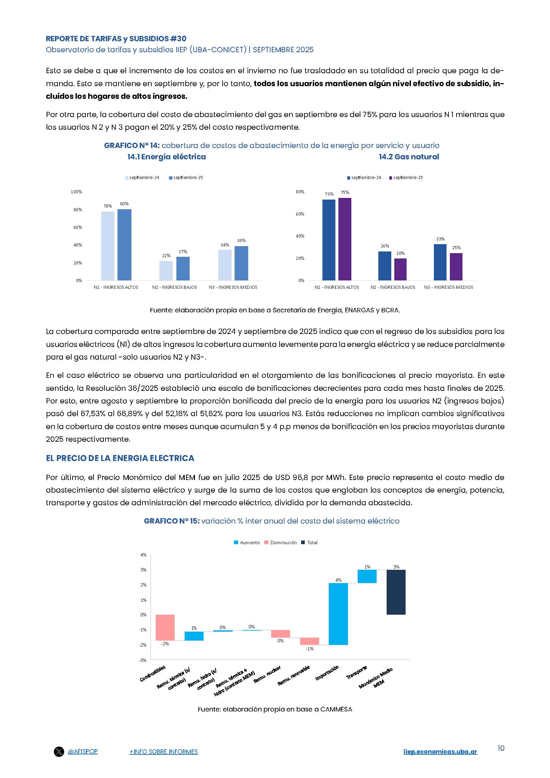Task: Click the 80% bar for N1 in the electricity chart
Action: point(124,245)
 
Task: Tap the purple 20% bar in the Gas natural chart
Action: point(400,269)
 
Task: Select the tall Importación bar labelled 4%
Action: point(338,614)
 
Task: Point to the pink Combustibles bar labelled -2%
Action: point(165,627)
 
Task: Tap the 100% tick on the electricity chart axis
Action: point(76,192)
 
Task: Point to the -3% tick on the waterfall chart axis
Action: point(143,660)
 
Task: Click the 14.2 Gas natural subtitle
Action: point(409,157)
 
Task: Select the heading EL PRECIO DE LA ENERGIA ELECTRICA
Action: point(120,458)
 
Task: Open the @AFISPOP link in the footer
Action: point(83,751)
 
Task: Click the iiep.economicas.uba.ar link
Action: point(440,752)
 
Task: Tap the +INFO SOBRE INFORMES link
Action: point(163,752)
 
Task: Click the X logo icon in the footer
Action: point(59,752)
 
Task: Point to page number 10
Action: point(500,748)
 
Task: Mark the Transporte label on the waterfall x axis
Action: point(356,672)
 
